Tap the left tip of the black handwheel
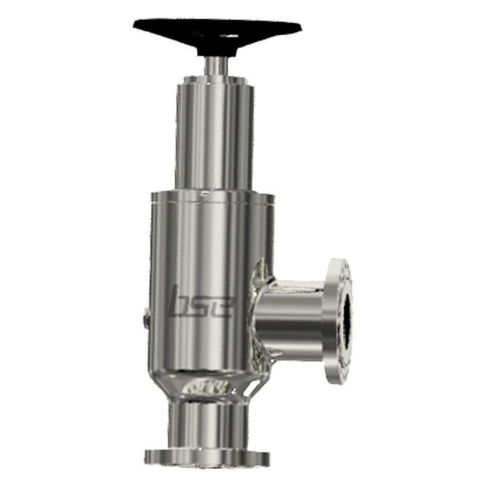(134, 26)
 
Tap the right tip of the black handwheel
(302, 29)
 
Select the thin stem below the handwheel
(216, 66)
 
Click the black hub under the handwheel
(217, 50)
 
